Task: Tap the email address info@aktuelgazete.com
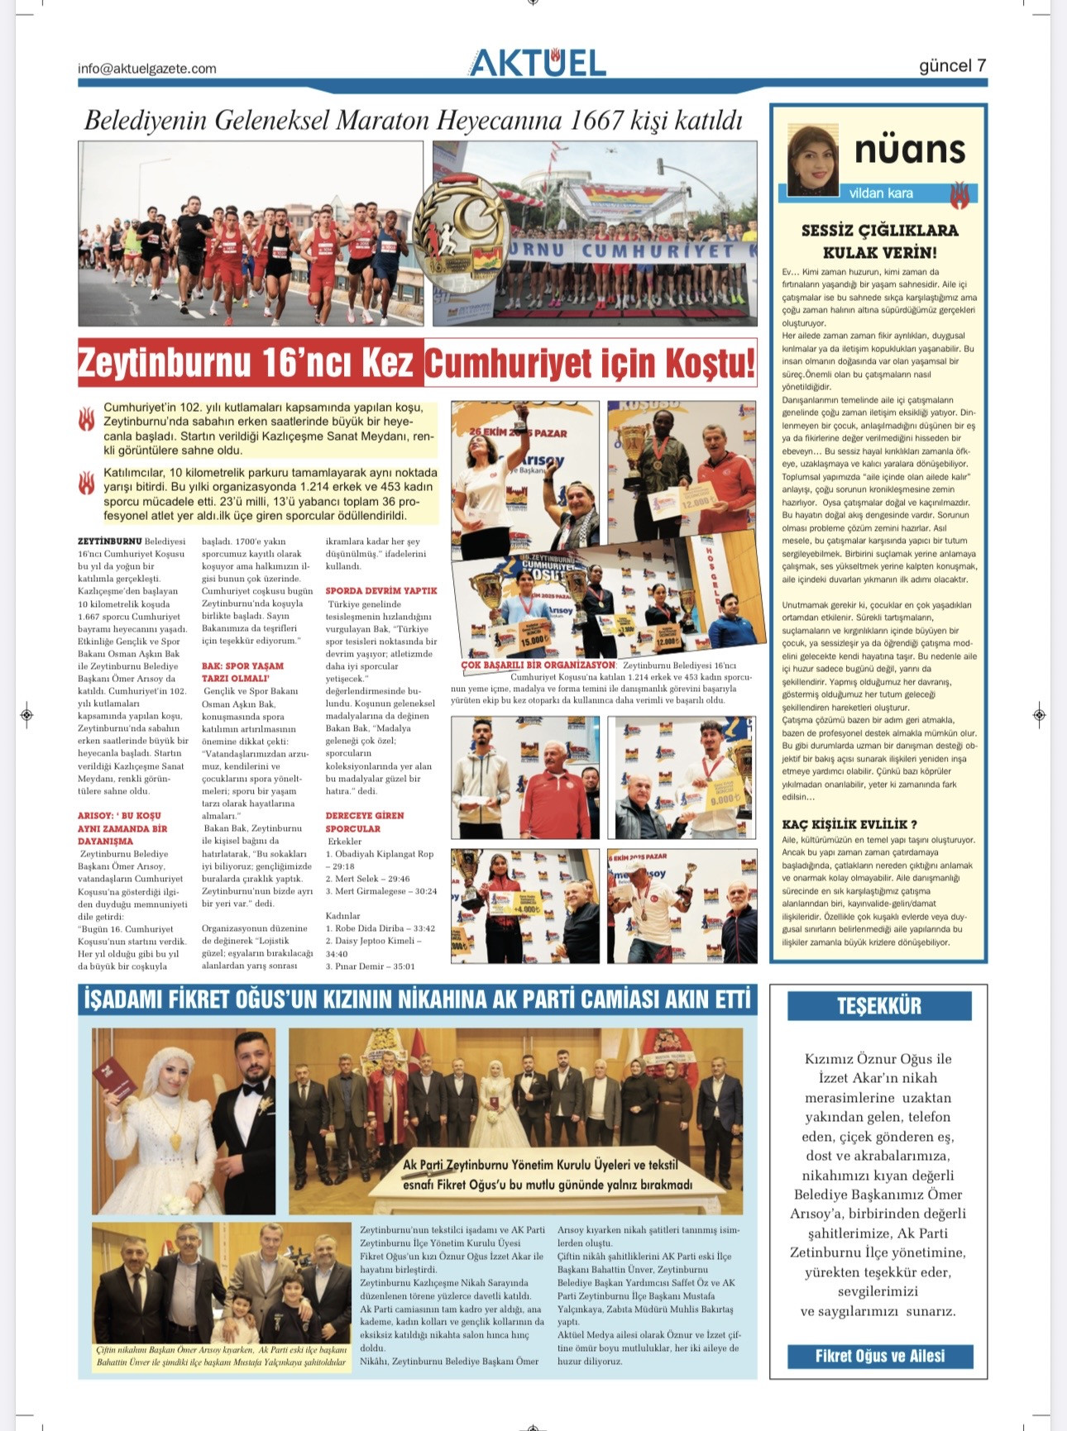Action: pos(146,69)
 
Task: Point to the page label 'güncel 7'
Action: pos(952,65)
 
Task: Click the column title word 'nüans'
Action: pos(910,150)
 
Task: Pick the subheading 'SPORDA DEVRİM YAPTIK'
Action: pos(380,591)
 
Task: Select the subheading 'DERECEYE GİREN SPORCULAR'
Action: pos(364,822)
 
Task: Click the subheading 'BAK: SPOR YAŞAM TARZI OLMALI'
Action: pos(242,671)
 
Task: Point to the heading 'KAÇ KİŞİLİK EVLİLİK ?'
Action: pos(849,824)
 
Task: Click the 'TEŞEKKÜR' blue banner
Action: pos(878,1006)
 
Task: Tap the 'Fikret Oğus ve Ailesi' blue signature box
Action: pos(879,1356)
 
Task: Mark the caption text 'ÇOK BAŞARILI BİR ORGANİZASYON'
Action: pos(538,665)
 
